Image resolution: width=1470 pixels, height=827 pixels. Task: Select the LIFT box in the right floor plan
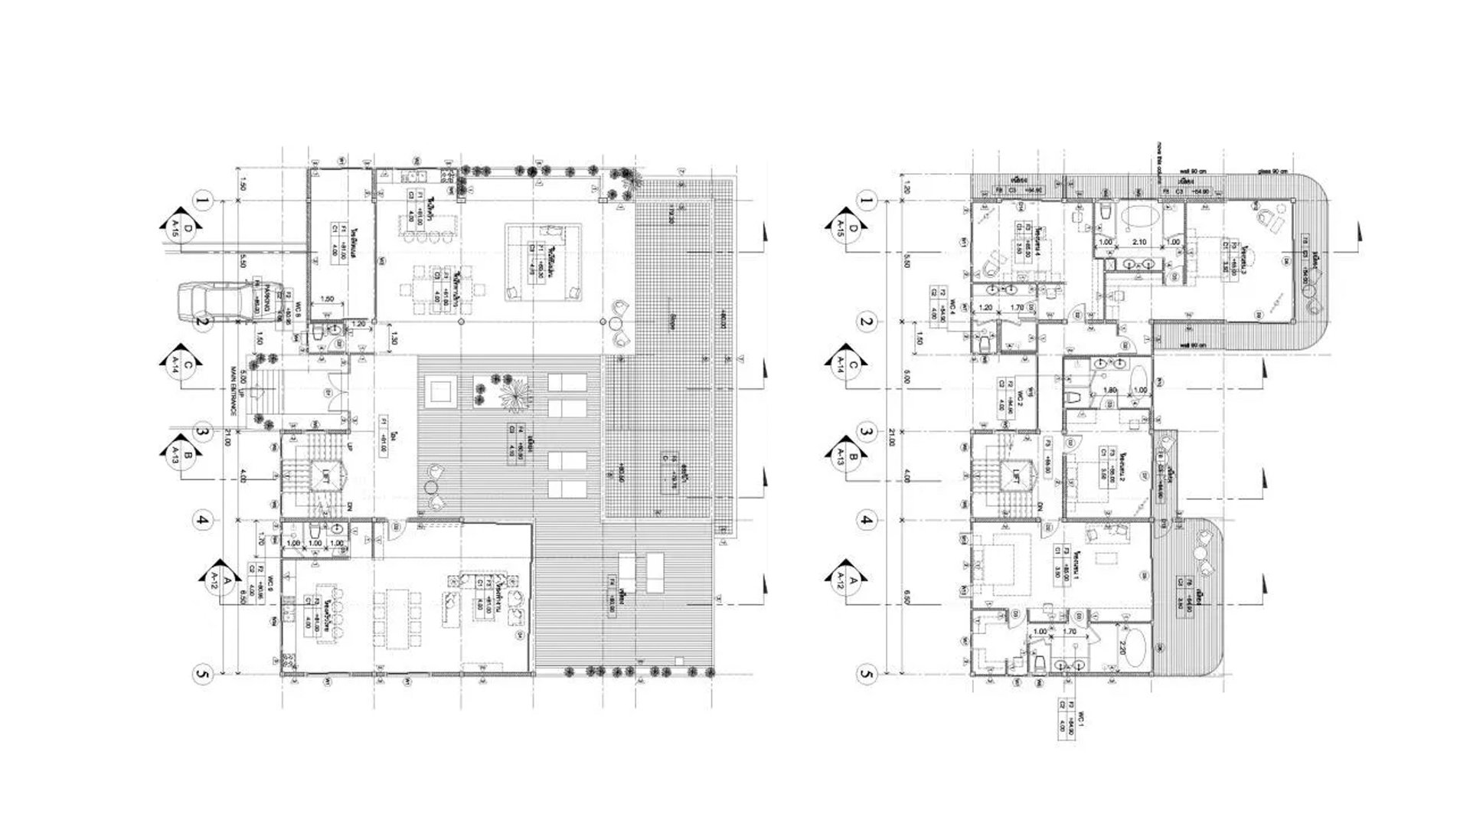(1017, 474)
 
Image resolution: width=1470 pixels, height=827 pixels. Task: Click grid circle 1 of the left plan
(202, 202)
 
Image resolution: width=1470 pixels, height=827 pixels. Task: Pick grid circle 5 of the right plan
(867, 675)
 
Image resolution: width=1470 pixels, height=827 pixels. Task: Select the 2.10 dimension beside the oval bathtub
(1138, 243)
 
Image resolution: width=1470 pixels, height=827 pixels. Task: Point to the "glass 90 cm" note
(1271, 172)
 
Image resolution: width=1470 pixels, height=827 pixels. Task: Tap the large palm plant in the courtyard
(515, 396)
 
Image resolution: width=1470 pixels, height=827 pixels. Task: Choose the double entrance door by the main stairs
(330, 391)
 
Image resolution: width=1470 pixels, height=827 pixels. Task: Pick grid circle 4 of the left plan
(202, 521)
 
